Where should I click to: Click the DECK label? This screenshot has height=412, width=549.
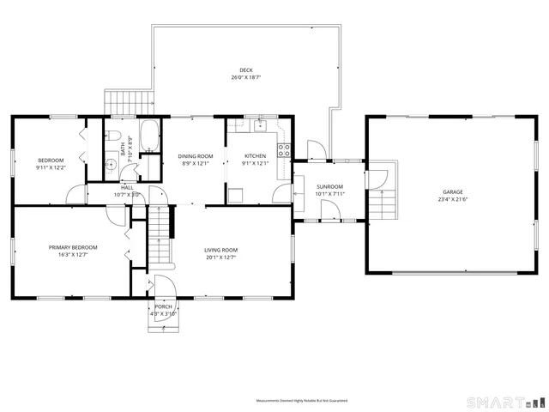click(245, 70)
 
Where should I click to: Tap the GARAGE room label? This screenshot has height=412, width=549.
click(452, 191)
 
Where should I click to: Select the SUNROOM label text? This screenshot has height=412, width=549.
click(329, 186)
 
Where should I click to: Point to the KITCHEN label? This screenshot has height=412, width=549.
click(256, 156)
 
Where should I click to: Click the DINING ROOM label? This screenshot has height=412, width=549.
click(195, 156)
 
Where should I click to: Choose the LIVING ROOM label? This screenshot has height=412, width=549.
click(220, 250)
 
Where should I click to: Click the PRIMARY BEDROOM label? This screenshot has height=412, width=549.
click(72, 247)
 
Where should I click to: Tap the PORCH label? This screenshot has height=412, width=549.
click(163, 306)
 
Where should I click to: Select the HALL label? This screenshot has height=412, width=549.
click(127, 187)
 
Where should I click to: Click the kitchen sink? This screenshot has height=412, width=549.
click(262, 127)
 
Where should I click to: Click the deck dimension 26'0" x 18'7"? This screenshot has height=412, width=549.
click(245, 78)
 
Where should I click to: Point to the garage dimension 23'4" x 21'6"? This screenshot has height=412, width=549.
click(452, 199)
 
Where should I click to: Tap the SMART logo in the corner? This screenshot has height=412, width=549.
click(504, 402)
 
